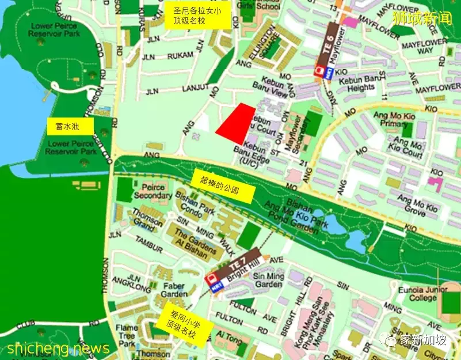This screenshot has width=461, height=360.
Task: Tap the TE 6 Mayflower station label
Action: click(x=330, y=48)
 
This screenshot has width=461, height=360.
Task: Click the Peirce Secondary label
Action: click(x=153, y=191)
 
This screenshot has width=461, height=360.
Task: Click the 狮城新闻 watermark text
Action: click(x=421, y=19)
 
